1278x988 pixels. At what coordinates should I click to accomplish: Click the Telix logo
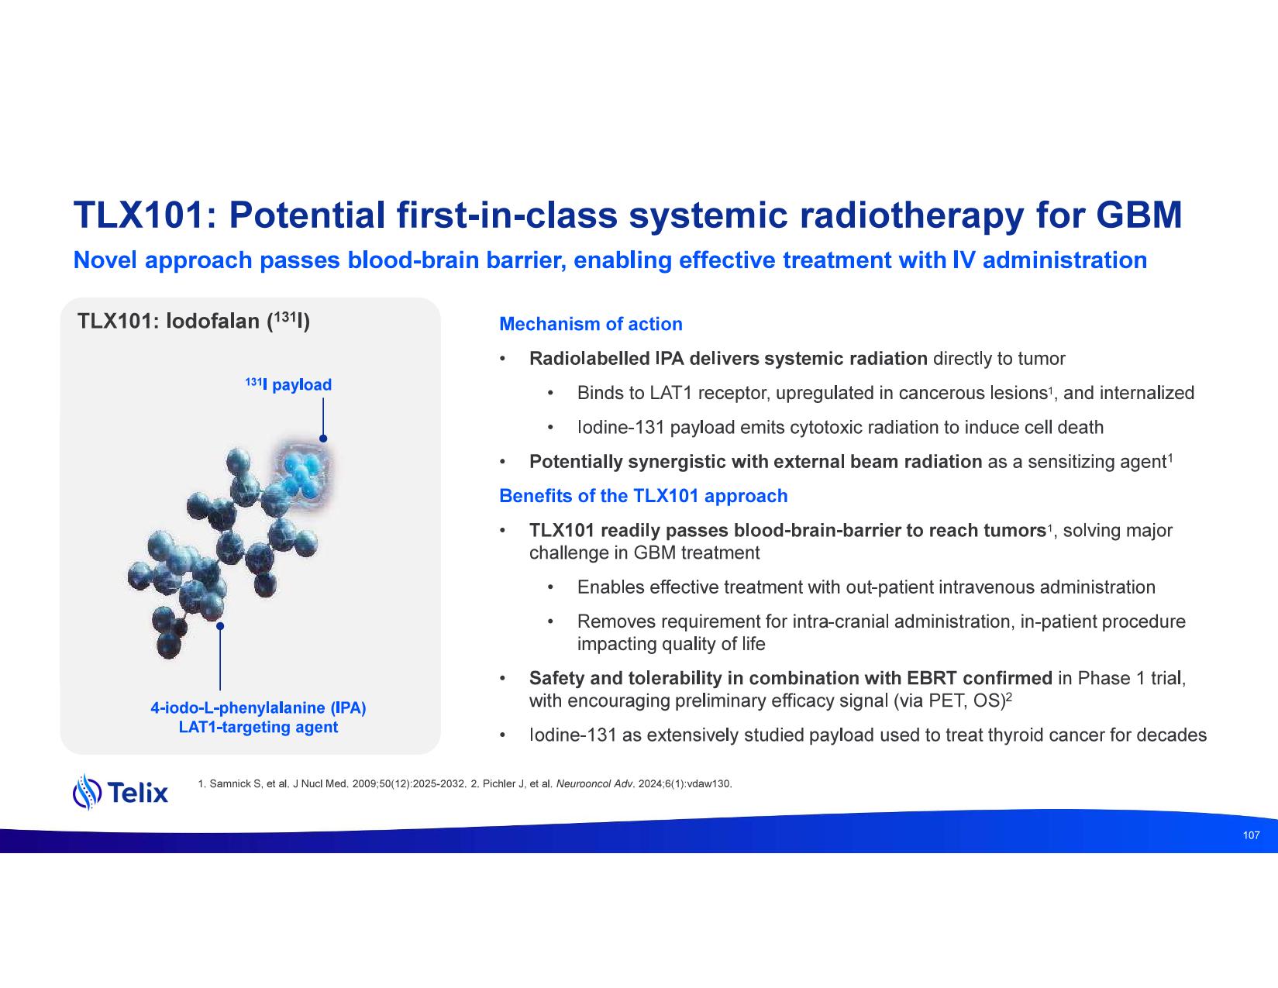[120, 792]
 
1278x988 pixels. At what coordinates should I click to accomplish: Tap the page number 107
[1251, 835]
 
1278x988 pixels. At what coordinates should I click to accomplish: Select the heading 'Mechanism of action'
[591, 324]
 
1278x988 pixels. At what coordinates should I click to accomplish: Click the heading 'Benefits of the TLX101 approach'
[642, 496]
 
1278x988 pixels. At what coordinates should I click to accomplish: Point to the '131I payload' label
[288, 384]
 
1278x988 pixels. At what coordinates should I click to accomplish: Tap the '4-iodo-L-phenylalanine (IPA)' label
[258, 707]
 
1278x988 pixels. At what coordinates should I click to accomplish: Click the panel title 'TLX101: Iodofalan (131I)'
[194, 321]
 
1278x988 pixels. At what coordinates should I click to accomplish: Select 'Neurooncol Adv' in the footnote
[594, 784]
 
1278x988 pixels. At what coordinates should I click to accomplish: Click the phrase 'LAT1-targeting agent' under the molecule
[258, 727]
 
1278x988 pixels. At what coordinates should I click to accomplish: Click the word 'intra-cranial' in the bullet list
[840, 621]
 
